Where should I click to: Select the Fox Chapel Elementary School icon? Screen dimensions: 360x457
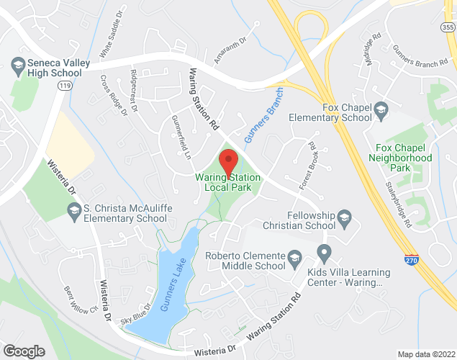tap(381, 110)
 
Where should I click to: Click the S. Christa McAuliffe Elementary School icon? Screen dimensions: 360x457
tap(73, 210)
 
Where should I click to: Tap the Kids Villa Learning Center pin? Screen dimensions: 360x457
tap(324, 253)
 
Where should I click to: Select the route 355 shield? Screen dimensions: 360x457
tap(446, 27)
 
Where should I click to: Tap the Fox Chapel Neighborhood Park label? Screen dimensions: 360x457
tap(399, 158)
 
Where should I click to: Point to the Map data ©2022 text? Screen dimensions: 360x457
tap(426, 354)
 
